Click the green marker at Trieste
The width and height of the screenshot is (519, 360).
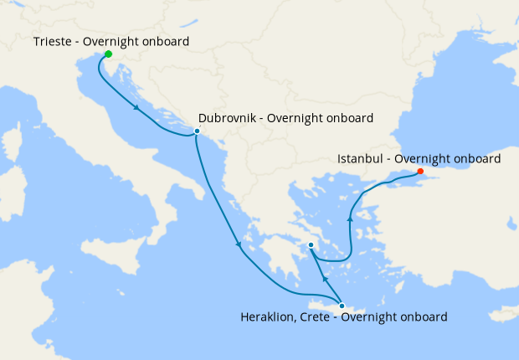[108, 54]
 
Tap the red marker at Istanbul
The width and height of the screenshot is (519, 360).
[420, 172]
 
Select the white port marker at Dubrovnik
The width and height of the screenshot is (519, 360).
[197, 131]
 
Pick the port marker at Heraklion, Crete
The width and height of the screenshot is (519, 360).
[342, 306]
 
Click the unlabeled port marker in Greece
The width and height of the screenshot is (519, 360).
[311, 245]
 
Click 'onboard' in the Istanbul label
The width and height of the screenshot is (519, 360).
[476, 158]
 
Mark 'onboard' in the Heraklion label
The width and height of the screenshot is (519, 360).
[423, 317]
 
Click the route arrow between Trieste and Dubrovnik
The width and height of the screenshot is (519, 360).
[136, 107]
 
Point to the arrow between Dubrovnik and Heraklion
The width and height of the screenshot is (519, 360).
[239, 244]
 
